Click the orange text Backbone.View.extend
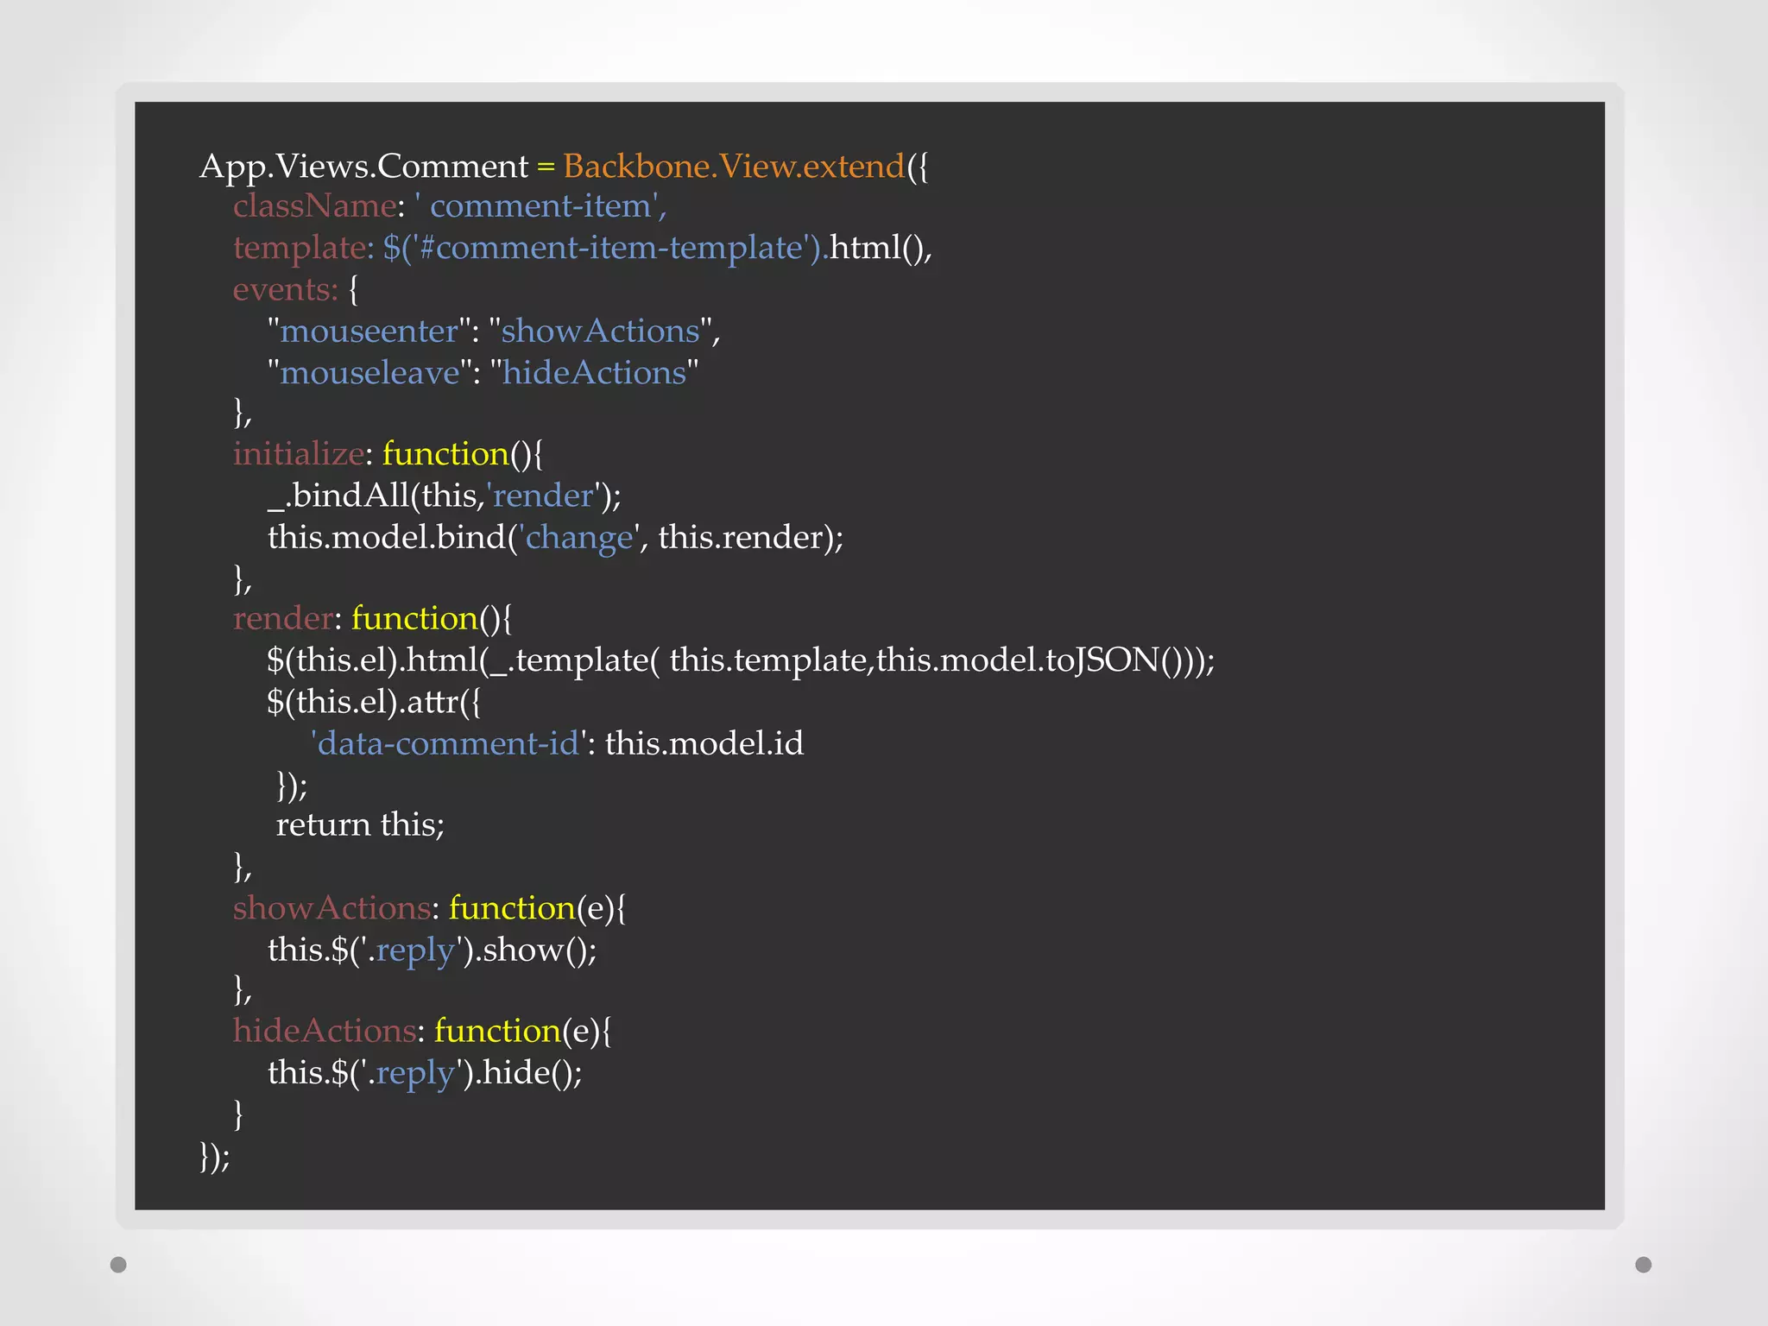pyautogui.click(x=733, y=166)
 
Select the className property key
pyautogui.click(x=314, y=206)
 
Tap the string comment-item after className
pyautogui.click(x=540, y=206)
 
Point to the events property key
pyautogui.click(x=284, y=290)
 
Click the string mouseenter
pyautogui.click(x=369, y=331)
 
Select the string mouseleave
pyautogui.click(x=370, y=373)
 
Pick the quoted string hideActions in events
pyautogui.click(x=594, y=373)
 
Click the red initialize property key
pyautogui.click(x=299, y=454)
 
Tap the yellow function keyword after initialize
pyautogui.click(x=445, y=454)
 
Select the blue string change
pyautogui.click(x=579, y=538)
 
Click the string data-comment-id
pyautogui.click(x=448, y=743)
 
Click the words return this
pyautogui.click(x=360, y=825)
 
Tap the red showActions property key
pyautogui.click(x=331, y=908)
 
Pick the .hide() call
pyautogui.click(x=528, y=1073)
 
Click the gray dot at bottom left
pyautogui.click(x=119, y=1265)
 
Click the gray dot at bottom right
pyautogui.click(x=1644, y=1265)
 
